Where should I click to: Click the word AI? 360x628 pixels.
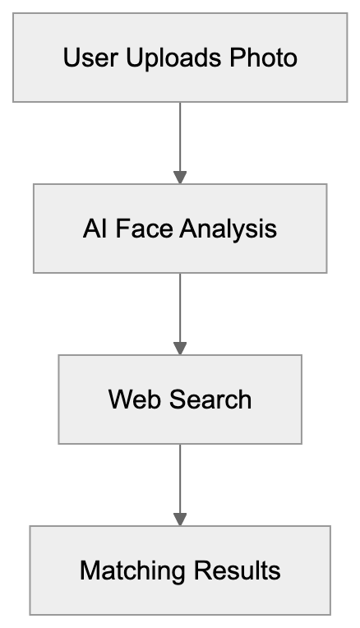94,229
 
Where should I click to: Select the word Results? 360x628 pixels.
238,570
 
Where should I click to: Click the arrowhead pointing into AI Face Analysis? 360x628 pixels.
180,178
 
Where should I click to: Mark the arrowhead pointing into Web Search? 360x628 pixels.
180,349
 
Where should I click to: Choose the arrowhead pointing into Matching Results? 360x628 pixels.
180,519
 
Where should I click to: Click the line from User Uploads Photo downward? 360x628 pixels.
180,136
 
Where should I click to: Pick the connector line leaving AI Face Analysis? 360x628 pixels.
180,307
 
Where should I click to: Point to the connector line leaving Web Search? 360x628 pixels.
180,478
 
